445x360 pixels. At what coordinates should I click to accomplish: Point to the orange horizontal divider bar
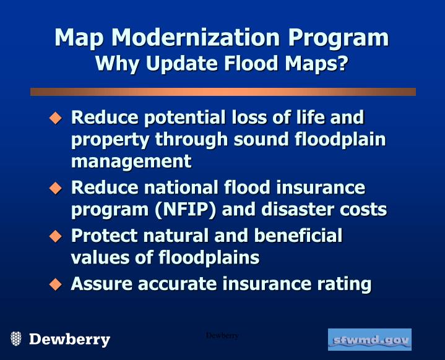[x=223, y=92]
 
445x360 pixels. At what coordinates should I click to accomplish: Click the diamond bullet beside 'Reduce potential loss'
[x=56, y=117]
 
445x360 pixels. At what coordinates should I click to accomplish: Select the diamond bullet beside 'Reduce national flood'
[x=56, y=187]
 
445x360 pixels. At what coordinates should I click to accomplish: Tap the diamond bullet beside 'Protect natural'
[x=56, y=236]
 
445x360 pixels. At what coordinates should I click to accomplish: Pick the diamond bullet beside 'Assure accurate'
[x=56, y=284]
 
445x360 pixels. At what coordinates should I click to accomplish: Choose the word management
[x=131, y=162]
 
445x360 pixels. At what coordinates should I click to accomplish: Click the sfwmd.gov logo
[x=369, y=340]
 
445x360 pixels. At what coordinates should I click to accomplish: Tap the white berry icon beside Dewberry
[x=16, y=338]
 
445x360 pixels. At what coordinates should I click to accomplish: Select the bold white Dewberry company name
[x=69, y=340]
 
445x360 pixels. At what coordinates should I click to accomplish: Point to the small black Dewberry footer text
[x=222, y=335]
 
